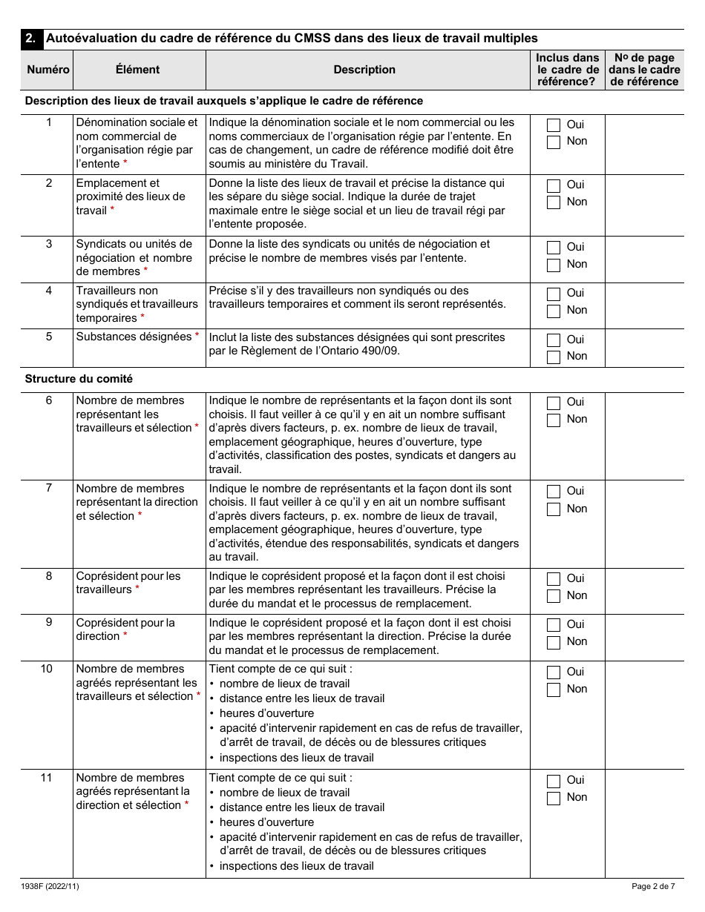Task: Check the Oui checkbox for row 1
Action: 553,125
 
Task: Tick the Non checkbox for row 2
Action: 553,202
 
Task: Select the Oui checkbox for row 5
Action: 553,340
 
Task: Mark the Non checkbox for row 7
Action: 553,509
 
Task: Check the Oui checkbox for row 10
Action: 553,673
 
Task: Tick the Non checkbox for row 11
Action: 553,798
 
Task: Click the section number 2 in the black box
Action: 30,39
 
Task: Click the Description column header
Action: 364,70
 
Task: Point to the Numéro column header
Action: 48,70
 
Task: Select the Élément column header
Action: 137,70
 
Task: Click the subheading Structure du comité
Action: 79,379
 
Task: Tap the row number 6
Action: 49,400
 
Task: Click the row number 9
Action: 49,622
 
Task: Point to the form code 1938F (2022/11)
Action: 49,886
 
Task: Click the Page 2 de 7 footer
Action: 653,886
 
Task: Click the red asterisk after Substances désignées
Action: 197,337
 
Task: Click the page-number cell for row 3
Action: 643,259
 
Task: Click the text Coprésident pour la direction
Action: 125,630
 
